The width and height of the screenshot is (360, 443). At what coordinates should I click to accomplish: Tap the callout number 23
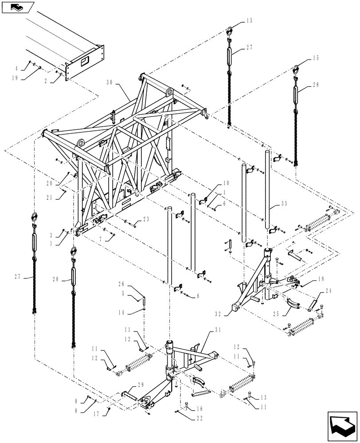tap(146, 219)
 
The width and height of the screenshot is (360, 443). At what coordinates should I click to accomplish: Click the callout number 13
tap(265, 398)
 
